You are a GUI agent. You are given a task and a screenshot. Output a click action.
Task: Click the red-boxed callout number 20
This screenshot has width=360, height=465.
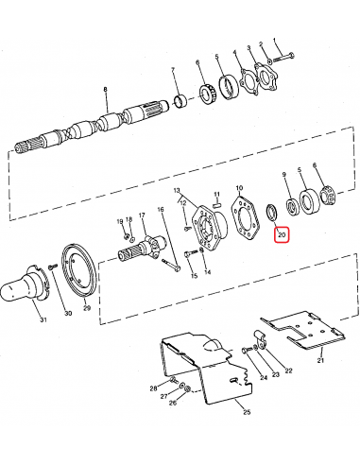282,234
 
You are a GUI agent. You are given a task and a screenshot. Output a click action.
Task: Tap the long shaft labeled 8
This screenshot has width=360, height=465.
92,126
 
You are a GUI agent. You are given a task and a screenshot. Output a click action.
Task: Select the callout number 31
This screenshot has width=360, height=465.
43,319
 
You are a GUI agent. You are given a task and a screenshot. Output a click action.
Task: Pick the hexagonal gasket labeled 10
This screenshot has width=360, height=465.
245,216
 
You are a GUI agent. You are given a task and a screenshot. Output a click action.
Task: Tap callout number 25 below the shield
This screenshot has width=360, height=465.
247,411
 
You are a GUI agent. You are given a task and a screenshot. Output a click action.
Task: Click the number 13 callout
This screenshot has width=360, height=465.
177,190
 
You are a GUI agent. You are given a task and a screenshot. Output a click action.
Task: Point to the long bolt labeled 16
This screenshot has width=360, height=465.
172,265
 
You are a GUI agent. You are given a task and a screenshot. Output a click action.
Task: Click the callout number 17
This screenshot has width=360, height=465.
142,215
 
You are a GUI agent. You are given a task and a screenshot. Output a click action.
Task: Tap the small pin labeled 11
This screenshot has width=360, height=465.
216,205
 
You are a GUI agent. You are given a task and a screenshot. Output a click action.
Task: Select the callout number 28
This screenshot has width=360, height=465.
153,388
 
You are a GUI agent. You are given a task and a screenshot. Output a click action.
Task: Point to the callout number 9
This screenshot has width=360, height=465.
284,174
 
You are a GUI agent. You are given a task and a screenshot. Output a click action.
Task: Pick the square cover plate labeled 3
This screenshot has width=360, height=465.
266,77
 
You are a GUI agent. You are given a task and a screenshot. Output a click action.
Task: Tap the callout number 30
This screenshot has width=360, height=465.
68,313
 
